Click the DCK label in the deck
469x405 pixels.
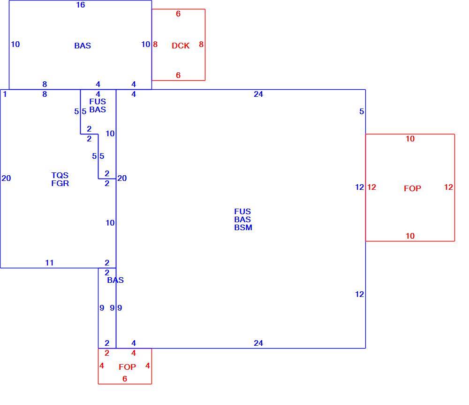(181, 46)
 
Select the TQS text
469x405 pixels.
(60, 175)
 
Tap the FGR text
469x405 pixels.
(60, 183)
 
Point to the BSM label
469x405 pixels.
(243, 228)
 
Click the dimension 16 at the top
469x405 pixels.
(81, 5)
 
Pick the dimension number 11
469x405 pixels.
(49, 263)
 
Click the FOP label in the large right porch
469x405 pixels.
(412, 188)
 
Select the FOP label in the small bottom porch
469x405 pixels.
(127, 367)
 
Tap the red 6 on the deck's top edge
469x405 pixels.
(178, 14)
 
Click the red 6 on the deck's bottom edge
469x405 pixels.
(178, 75)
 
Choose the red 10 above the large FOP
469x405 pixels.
(410, 139)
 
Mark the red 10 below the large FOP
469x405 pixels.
(410, 236)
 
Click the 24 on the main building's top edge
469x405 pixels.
(258, 94)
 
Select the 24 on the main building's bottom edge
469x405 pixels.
(258, 343)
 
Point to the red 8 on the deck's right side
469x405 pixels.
(201, 44)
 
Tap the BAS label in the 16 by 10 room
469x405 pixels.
(83, 46)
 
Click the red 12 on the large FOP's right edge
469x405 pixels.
(448, 187)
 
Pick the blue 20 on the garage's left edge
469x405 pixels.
(6, 178)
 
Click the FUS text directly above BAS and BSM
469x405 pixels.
(242, 211)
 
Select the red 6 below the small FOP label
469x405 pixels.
(125, 379)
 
